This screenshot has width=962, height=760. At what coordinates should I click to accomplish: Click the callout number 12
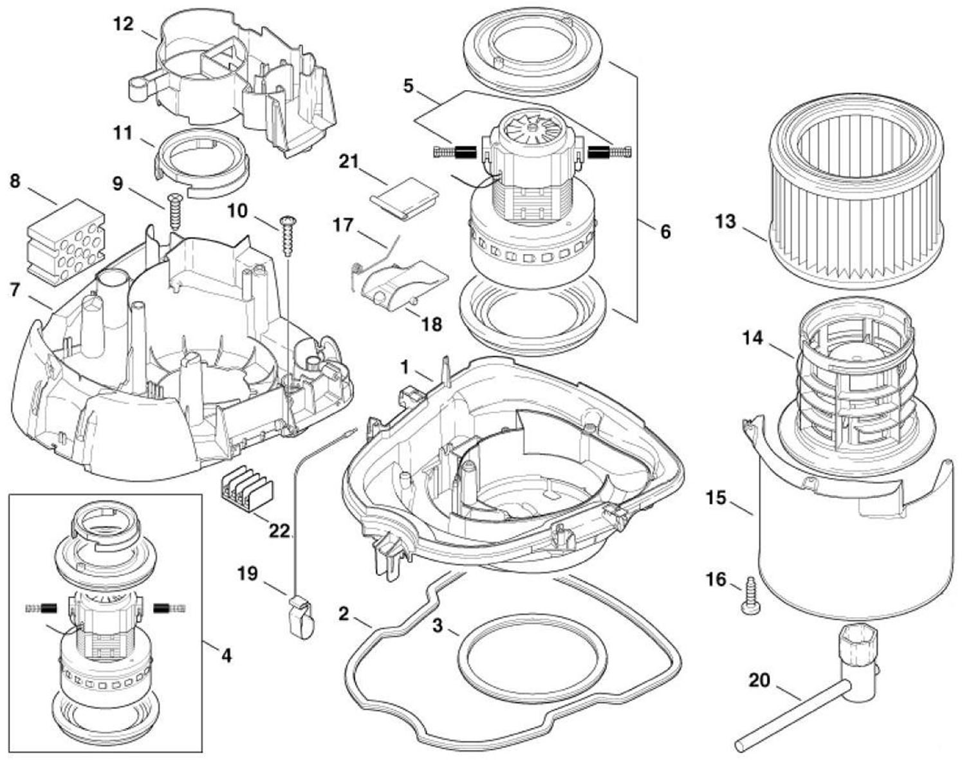tap(124, 24)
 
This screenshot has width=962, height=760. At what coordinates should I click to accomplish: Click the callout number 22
tap(279, 530)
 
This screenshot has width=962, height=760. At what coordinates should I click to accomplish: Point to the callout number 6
tap(665, 232)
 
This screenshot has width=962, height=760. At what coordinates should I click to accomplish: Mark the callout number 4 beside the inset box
tap(227, 656)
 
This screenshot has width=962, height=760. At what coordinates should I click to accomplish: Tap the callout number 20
tap(759, 681)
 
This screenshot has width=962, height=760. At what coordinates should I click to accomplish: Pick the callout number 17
tap(344, 225)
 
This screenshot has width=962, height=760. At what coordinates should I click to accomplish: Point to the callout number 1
tap(405, 367)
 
